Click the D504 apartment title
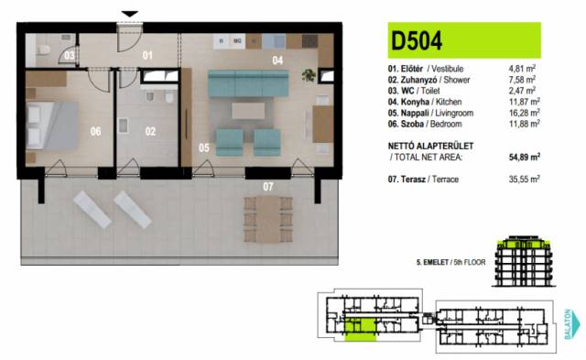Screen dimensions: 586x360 point(417,40)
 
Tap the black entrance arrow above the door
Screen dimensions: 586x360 point(130,15)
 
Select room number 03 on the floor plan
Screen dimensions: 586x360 point(70,56)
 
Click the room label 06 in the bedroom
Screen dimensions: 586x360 point(95,131)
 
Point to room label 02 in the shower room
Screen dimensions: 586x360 point(150,131)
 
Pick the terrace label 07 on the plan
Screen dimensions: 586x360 point(267,187)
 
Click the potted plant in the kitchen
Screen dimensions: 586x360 point(309,75)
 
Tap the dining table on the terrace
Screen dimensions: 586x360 point(268,220)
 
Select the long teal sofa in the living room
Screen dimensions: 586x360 point(248,83)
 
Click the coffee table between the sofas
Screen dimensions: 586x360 point(248,111)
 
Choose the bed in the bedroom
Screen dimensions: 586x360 point(52,125)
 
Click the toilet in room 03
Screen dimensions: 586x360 point(44,49)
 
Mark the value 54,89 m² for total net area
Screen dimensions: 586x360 point(524,157)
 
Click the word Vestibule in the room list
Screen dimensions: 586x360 point(448,69)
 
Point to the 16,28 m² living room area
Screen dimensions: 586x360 point(525,113)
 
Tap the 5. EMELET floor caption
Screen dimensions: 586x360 point(432,262)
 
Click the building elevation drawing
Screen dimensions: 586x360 point(523,261)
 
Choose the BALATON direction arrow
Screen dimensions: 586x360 point(572,323)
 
